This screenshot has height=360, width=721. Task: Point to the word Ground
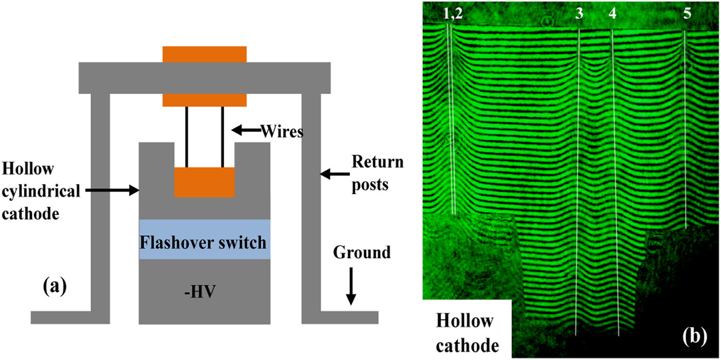(362, 252)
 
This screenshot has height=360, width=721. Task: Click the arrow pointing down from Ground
(351, 286)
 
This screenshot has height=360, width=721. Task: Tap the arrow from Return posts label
(334, 175)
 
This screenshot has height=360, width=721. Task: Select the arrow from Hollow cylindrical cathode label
(113, 191)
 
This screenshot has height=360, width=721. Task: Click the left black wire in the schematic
(187, 136)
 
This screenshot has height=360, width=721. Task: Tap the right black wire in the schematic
(223, 136)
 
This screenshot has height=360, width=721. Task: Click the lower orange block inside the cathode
(204, 182)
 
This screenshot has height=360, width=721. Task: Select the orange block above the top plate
(204, 54)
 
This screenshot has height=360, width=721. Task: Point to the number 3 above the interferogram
(579, 15)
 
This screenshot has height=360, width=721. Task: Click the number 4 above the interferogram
(612, 15)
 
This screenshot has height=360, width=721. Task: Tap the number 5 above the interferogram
(687, 15)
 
